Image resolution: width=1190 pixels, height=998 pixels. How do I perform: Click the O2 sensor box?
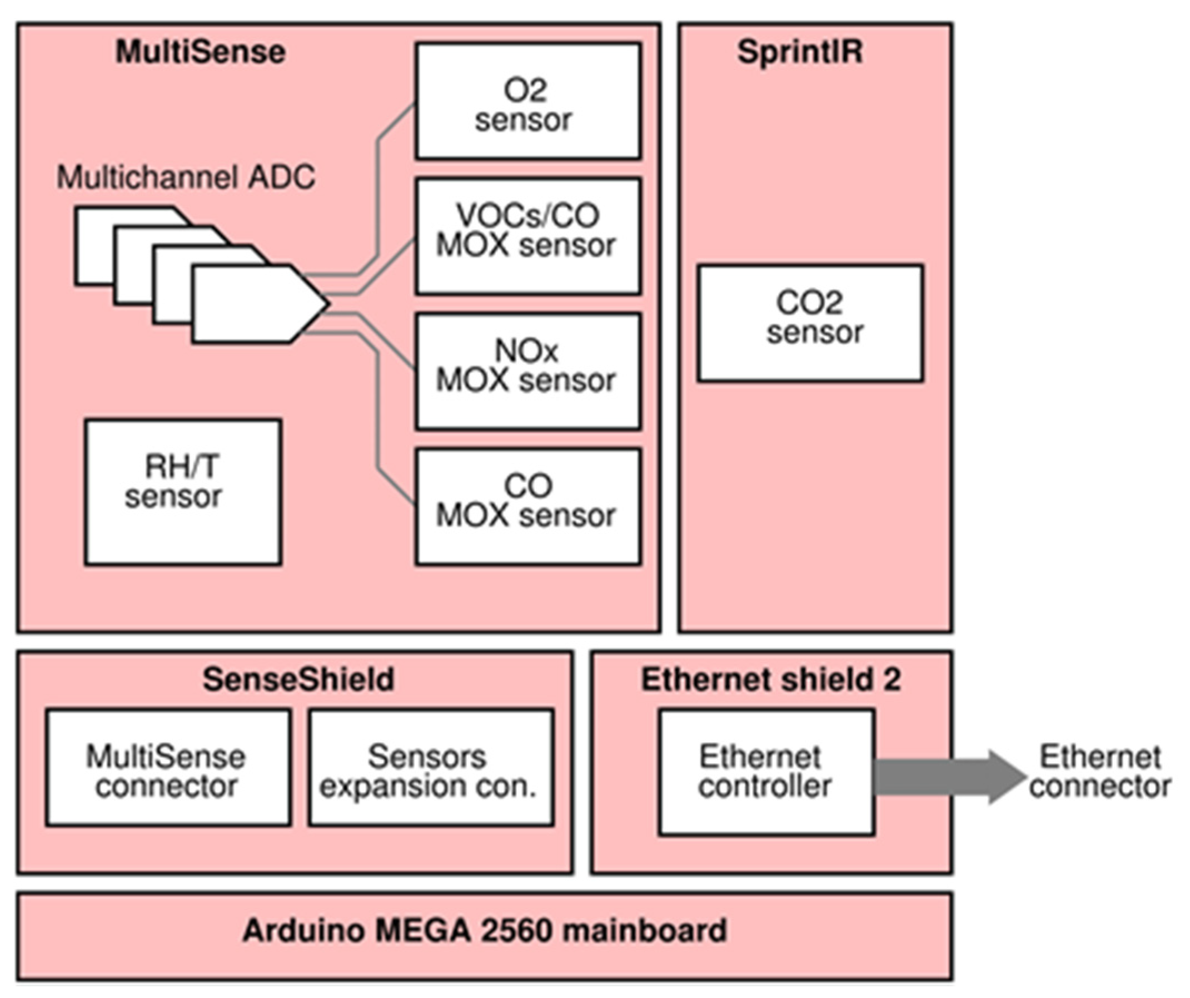tap(528, 101)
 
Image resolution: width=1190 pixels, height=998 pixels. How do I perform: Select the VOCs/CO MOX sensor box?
tap(528, 236)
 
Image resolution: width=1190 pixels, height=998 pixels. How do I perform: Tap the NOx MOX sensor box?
tap(528, 372)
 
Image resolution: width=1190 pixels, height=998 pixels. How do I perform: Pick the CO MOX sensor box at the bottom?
tap(528, 506)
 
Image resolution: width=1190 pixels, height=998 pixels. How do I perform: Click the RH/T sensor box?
tap(182, 492)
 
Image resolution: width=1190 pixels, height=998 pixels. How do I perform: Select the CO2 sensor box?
tap(810, 323)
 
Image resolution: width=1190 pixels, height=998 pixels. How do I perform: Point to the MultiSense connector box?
tap(168, 767)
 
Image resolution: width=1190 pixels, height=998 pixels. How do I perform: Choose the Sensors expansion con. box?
tap(431, 767)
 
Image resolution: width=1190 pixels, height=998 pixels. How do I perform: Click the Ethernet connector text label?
tap(1100, 772)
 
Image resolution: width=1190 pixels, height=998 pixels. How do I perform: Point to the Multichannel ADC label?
tap(186, 177)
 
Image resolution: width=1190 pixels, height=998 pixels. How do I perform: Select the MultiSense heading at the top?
tap(200, 52)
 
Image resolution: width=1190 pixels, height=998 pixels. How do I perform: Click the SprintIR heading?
tap(800, 52)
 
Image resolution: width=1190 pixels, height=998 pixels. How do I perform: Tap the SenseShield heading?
tap(298, 679)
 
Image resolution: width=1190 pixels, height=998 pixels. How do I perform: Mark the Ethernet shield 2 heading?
tap(771, 679)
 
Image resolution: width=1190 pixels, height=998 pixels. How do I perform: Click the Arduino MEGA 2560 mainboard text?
tap(485, 930)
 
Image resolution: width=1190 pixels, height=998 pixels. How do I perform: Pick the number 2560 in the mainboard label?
tap(516, 930)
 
